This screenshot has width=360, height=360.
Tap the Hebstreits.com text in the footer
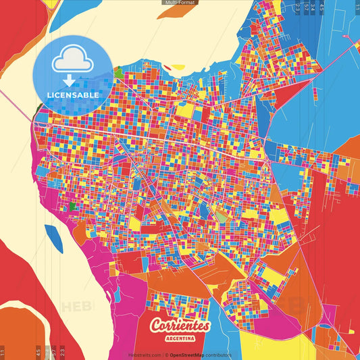coord(145,355)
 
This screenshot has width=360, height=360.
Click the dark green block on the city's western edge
coord(73,205)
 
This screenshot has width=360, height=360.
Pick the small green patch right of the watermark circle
coord(119,72)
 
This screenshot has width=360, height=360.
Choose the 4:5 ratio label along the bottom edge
coord(38,352)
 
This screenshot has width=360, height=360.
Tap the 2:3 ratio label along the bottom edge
coord(62,352)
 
